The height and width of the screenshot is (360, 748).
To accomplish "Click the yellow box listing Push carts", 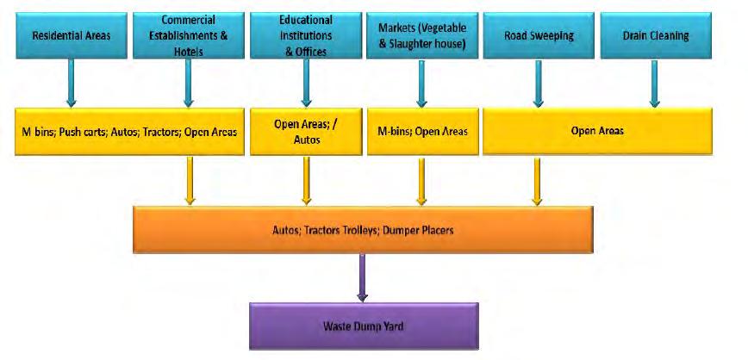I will pyautogui.click(x=127, y=132).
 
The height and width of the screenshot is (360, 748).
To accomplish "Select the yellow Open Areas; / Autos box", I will pyautogui.click(x=304, y=132).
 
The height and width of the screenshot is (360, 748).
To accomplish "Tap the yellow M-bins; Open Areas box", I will pyautogui.click(x=422, y=132).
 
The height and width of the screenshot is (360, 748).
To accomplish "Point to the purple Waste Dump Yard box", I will pyautogui.click(x=363, y=326).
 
